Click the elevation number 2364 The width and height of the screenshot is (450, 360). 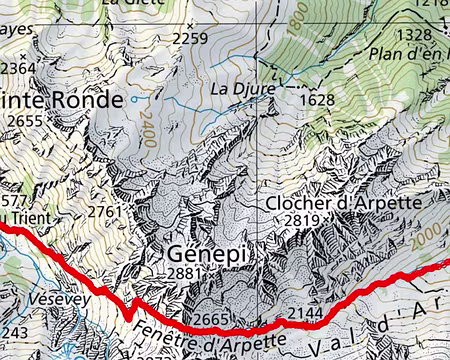click(x=17, y=66)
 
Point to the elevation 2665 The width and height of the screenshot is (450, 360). click(x=212, y=319)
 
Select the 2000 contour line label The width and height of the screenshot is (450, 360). click(x=427, y=227)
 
